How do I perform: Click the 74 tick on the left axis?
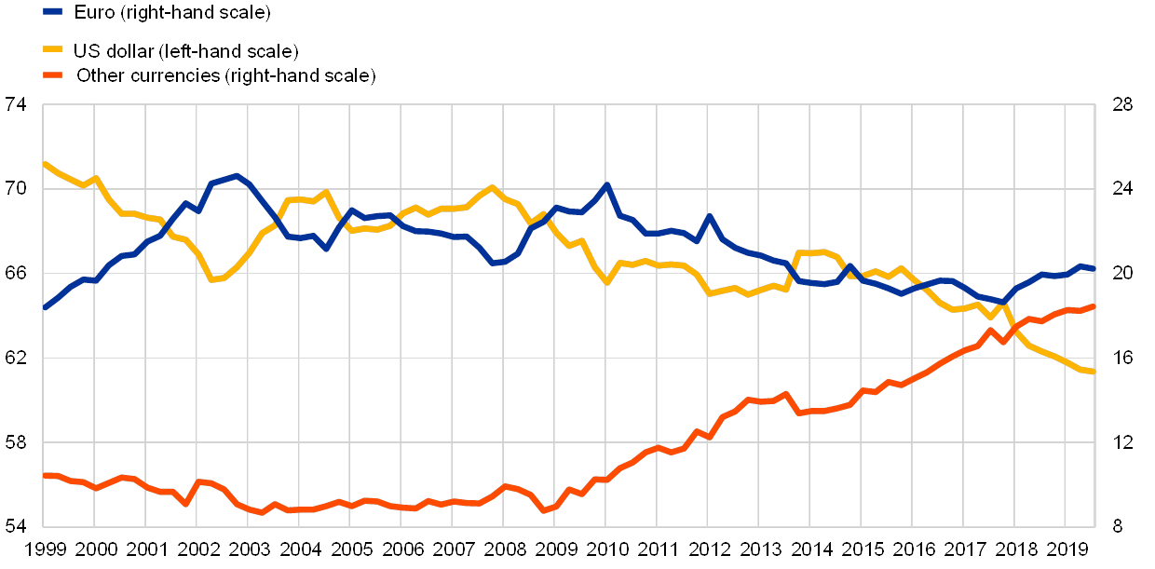pos(16,104)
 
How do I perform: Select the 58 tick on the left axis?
pos(16,442)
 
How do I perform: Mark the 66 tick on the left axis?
pos(16,274)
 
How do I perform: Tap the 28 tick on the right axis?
pos(1123,104)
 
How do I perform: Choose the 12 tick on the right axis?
pos(1123,442)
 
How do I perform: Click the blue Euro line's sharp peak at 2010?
pos(606,185)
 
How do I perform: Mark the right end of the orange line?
pos(1094,305)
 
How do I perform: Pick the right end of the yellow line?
pos(1094,372)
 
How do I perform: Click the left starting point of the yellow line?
pos(45,164)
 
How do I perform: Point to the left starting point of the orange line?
pos(45,475)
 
